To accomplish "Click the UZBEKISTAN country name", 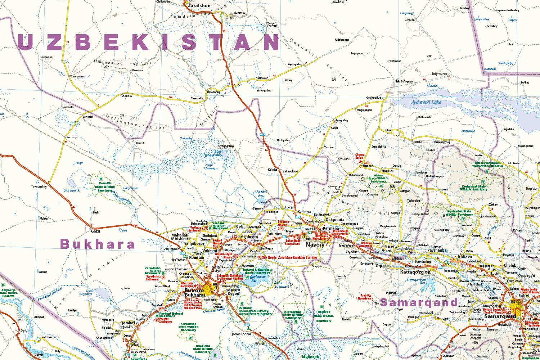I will coord(148,42).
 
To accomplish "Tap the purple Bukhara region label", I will coord(98,244).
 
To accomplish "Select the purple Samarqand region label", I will coord(419,302).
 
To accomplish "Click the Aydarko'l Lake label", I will coord(426,103).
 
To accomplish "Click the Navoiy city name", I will coord(315,245).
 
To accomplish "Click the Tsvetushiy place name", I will coord(39,186).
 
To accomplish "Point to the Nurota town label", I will coord(368,166).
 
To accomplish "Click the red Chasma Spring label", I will coord(360,156).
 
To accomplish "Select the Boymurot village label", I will coord(439,73).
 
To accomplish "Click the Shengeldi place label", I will coord(197,98).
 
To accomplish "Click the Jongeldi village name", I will coord(88,117).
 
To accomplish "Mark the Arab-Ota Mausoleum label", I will coord(364,297).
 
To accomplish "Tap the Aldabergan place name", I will coord(342,40).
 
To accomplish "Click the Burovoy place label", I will coord(72,137).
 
